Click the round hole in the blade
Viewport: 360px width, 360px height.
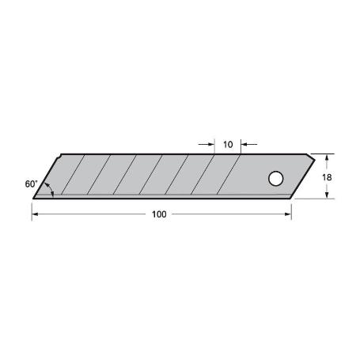coord(275,179)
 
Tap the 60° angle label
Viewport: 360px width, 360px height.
coord(31,184)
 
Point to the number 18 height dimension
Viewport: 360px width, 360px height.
coord(327,178)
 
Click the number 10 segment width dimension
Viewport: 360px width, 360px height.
coord(228,145)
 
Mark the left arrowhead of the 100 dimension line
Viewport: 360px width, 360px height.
coord(35,214)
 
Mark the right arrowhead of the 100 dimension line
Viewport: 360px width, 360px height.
coord(288,214)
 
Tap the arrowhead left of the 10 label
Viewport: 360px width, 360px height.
coord(211,145)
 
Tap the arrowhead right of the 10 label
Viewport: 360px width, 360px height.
coord(244,145)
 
